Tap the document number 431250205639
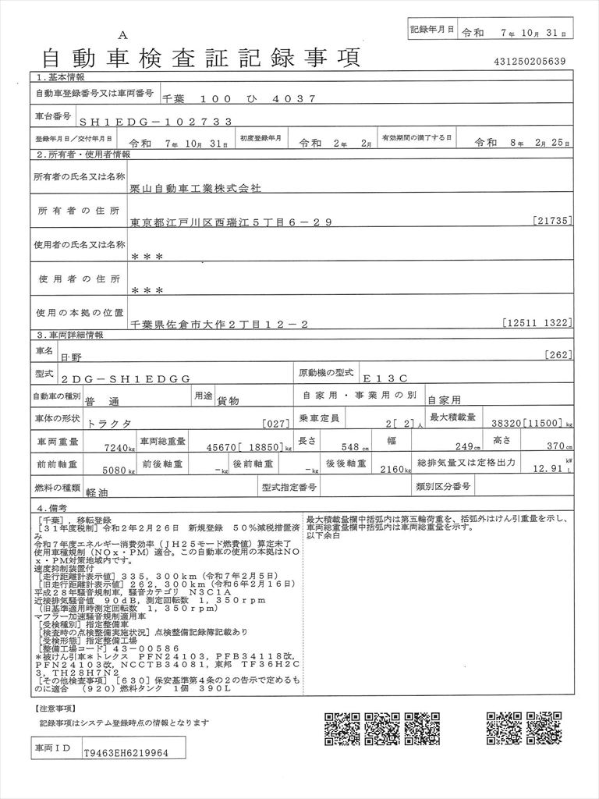530,62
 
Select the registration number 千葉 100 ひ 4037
238,99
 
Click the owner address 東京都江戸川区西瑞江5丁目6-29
232,222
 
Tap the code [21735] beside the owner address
554,222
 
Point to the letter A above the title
122,35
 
